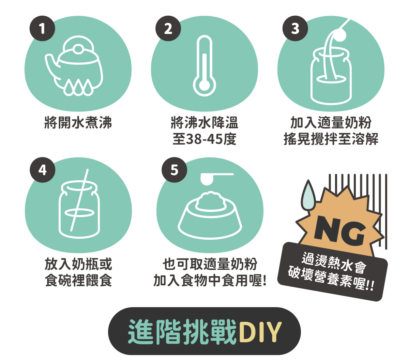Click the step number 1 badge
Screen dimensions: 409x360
(x=42, y=29)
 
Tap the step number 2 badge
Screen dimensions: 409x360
(x=168, y=29)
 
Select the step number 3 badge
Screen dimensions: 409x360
(x=295, y=29)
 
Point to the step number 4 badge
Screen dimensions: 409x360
(x=43, y=170)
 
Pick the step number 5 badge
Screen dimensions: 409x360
(x=175, y=170)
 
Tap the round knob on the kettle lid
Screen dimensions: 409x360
(x=78, y=49)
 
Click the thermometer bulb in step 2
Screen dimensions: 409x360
(x=204, y=85)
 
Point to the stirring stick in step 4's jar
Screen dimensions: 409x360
(x=79, y=200)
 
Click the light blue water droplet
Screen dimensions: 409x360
(x=308, y=195)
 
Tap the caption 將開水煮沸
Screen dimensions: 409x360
(x=78, y=122)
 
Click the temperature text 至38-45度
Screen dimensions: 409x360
(x=204, y=139)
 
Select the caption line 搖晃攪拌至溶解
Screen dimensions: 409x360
(x=331, y=139)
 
